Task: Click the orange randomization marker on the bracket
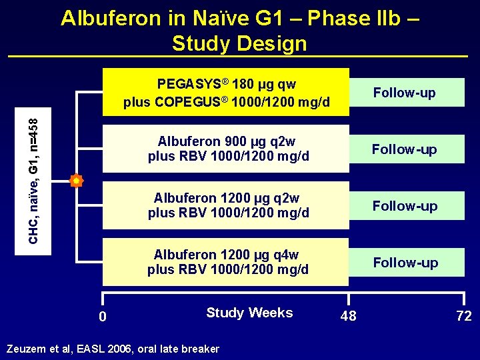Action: click(x=77, y=180)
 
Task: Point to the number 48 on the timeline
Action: click(x=348, y=316)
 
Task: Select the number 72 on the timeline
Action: click(x=464, y=316)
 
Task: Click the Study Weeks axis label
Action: click(x=249, y=313)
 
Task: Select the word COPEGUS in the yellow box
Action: click(x=189, y=103)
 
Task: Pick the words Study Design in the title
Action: click(x=239, y=43)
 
